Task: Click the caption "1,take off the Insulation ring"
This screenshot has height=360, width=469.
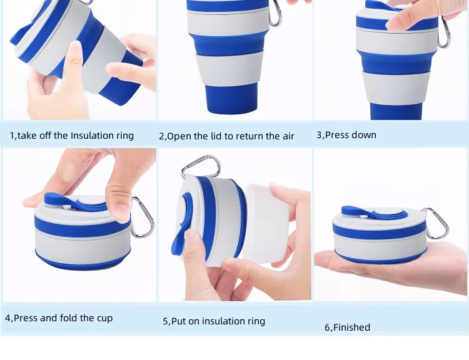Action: [x=72, y=136]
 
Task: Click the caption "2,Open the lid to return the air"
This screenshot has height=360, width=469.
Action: [x=226, y=136]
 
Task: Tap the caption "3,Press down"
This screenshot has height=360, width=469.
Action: [x=346, y=135]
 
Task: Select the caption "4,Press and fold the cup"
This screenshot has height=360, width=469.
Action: [x=59, y=318]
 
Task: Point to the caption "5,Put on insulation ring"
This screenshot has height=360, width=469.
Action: [x=214, y=321]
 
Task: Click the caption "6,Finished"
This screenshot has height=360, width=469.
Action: [x=347, y=327]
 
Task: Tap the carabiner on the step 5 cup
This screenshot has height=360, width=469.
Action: [x=200, y=165]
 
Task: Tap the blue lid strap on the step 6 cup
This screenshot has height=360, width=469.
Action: [x=373, y=212]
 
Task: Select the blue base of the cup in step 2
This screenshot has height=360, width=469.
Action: [x=231, y=98]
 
